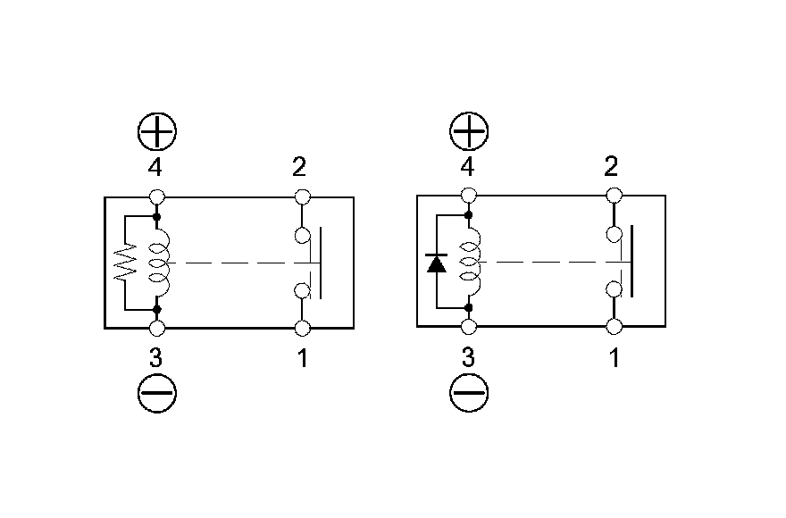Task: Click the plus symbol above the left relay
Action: click(157, 133)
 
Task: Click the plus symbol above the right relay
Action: click(469, 133)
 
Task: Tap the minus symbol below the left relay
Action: click(157, 392)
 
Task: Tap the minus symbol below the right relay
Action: click(469, 392)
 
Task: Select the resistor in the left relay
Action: click(126, 263)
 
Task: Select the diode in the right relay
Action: click(437, 263)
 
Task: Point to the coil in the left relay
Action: click(161, 263)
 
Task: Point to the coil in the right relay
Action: click(472, 263)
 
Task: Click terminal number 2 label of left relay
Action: click(302, 167)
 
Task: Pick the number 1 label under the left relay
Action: click(303, 359)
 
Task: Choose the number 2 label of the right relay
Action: click(613, 167)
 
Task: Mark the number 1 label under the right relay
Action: click(614, 359)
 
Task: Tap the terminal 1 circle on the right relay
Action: click(614, 328)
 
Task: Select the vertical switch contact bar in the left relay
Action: click(321, 263)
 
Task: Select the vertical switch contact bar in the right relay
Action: click(632, 262)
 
